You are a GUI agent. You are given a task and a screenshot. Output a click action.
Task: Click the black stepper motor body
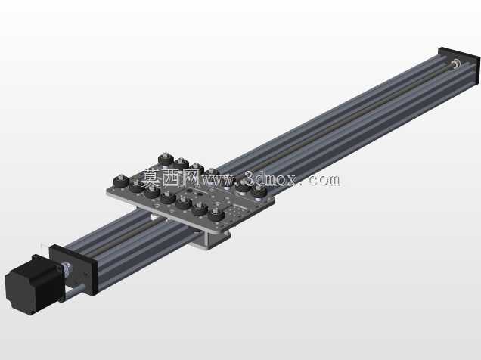[34, 284]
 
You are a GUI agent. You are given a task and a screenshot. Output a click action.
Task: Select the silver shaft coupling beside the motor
[67, 268]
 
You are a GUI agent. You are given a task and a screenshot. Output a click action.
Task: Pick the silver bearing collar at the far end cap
[455, 64]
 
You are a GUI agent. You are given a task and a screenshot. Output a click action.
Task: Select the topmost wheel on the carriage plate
[166, 160]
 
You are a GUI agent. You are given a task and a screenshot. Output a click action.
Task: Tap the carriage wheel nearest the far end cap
[259, 192]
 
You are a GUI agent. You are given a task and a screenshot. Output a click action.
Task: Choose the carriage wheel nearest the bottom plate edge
[216, 214]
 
